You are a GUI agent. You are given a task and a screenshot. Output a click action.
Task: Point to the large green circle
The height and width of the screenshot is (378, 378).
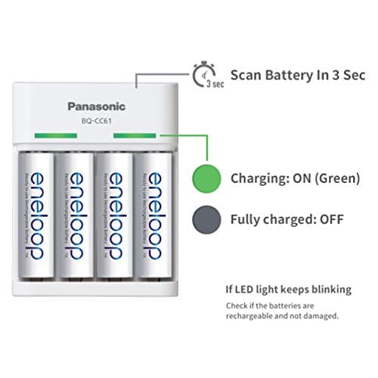point(209,178)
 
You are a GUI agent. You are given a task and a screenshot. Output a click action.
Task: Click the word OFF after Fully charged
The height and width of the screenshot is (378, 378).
point(331,219)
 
